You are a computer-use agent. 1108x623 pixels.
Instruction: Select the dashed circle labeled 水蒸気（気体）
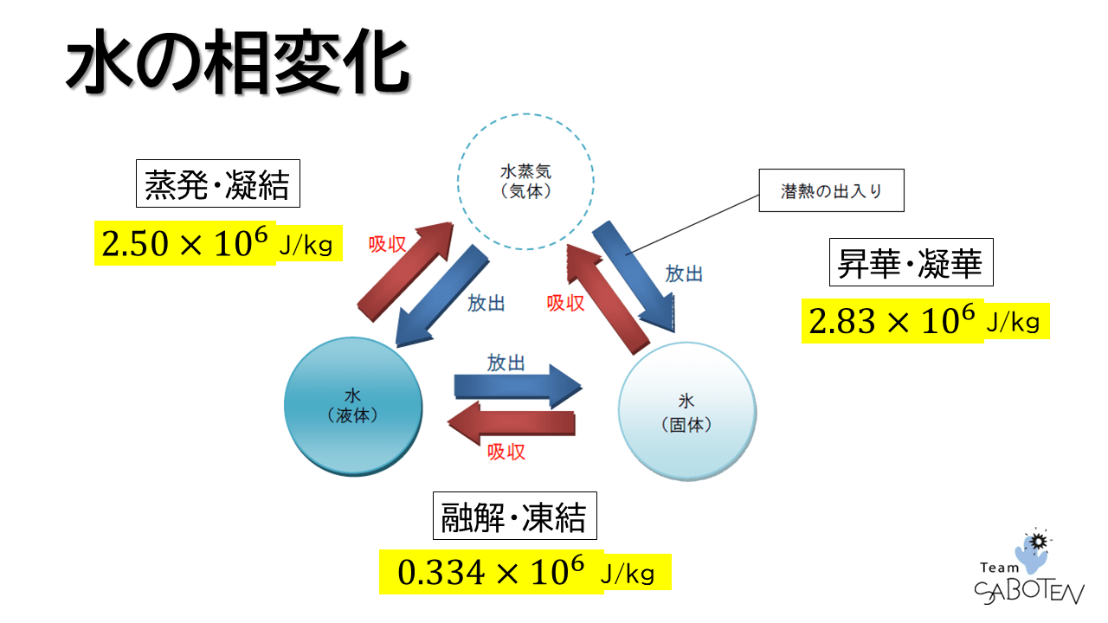click(x=525, y=183)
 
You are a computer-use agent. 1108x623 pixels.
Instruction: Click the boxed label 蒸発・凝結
click(x=217, y=183)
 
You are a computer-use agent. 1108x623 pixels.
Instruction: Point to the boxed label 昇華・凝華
click(x=911, y=262)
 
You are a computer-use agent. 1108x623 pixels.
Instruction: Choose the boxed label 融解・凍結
click(x=514, y=517)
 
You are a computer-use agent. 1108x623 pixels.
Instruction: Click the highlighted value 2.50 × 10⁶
click(x=184, y=245)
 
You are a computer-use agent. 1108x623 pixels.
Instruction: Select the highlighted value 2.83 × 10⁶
click(x=892, y=323)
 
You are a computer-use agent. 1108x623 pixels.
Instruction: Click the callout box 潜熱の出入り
click(x=831, y=191)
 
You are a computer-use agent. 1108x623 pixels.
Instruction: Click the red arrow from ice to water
click(x=511, y=422)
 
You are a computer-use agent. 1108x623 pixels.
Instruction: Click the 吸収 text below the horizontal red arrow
click(x=506, y=451)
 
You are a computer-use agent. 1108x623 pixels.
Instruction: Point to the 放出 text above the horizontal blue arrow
click(x=506, y=362)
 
